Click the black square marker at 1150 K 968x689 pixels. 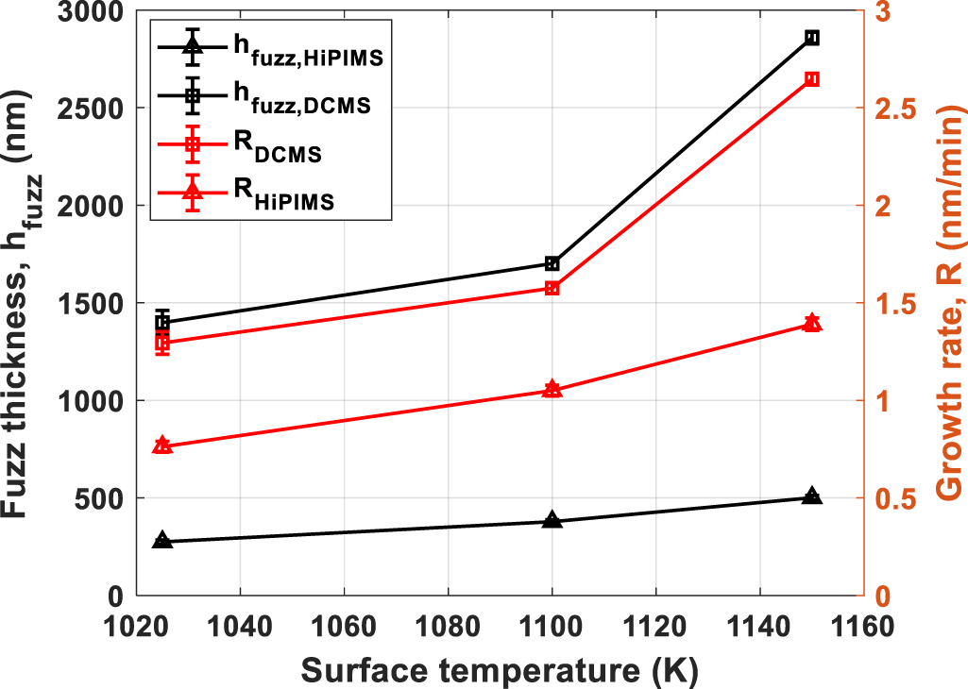pos(811,38)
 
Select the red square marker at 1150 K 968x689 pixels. pos(811,79)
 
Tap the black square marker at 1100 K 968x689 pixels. pos(552,264)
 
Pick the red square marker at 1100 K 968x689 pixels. pos(552,288)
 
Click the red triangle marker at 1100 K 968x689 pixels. pos(552,389)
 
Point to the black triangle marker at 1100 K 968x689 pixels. pos(552,520)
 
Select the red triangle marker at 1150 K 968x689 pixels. pos(811,323)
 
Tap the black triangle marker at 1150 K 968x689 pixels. pos(811,496)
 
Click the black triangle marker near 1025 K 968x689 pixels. pos(162,541)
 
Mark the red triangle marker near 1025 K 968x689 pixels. pos(162,445)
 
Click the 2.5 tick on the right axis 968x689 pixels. pos(893,108)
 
